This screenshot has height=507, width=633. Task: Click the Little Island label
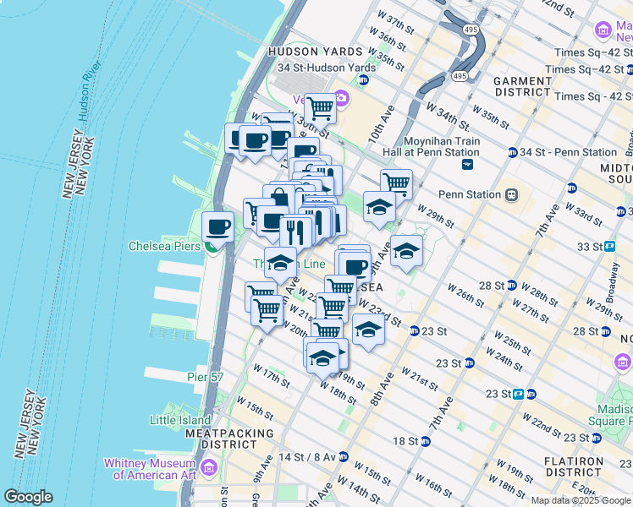click(x=179, y=420)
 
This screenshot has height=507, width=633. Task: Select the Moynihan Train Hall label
click(x=442, y=147)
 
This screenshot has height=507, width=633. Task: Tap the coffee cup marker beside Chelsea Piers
click(x=218, y=226)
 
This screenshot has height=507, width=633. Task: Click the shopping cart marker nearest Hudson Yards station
click(x=320, y=108)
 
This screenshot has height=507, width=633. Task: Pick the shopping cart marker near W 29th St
click(x=396, y=183)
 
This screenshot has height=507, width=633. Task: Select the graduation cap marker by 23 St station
click(x=368, y=330)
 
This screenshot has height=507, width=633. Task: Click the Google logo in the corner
click(x=28, y=497)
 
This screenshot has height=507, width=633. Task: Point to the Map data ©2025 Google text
click(x=581, y=500)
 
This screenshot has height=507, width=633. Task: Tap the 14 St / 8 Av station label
click(x=306, y=456)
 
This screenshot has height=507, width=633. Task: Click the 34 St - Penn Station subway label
click(x=569, y=152)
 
